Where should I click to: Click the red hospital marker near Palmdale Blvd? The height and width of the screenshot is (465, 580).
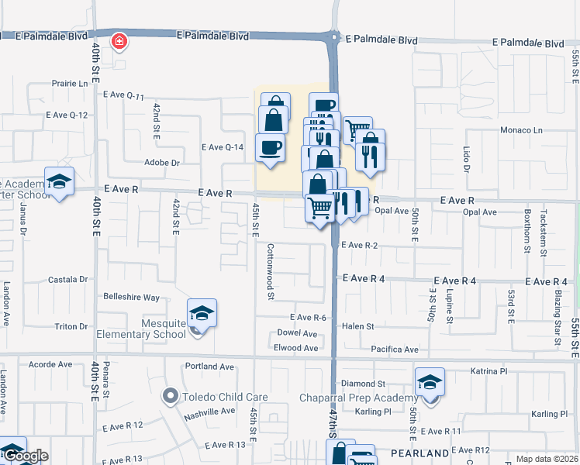point(119,41)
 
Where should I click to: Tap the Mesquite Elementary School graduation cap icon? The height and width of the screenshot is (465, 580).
point(202,313)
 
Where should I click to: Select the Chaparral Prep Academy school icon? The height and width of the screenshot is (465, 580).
point(430,382)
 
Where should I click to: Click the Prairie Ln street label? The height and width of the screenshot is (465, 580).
point(71,83)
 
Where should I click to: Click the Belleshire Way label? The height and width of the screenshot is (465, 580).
point(131,297)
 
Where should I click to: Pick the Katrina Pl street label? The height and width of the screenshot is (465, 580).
point(489,371)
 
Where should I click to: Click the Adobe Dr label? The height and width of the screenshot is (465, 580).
point(162,163)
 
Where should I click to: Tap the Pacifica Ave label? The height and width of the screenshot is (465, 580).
point(395,350)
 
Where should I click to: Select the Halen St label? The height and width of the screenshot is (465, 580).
point(358,326)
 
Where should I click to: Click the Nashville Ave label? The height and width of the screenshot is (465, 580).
point(209,412)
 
